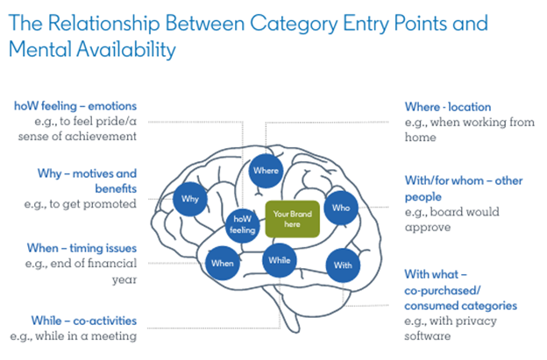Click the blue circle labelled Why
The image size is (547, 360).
[191, 199]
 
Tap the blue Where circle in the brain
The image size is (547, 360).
[265, 170]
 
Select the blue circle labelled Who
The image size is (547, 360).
[340, 209]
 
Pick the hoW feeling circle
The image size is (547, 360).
[242, 225]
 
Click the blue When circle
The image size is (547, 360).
[222, 262]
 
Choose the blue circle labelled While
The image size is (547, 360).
[279, 260]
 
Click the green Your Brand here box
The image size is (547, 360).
[293, 219]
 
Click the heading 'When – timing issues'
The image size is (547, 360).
[85, 248]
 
